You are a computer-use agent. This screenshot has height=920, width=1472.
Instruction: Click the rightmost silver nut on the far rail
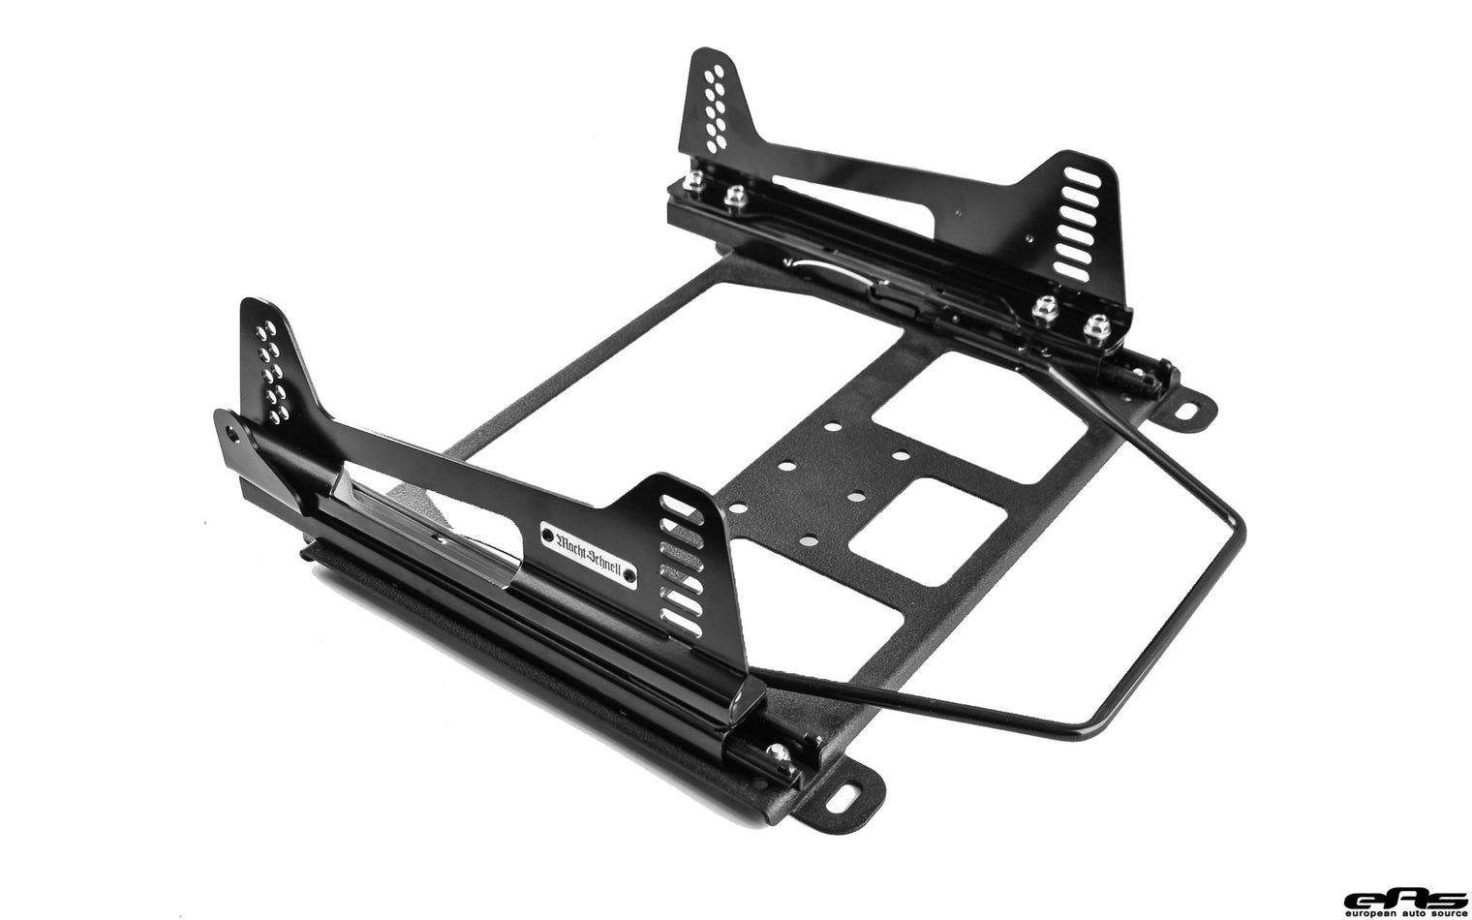[x=1095, y=324]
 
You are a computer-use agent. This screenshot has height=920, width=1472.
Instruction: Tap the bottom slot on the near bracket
[x=684, y=623]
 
